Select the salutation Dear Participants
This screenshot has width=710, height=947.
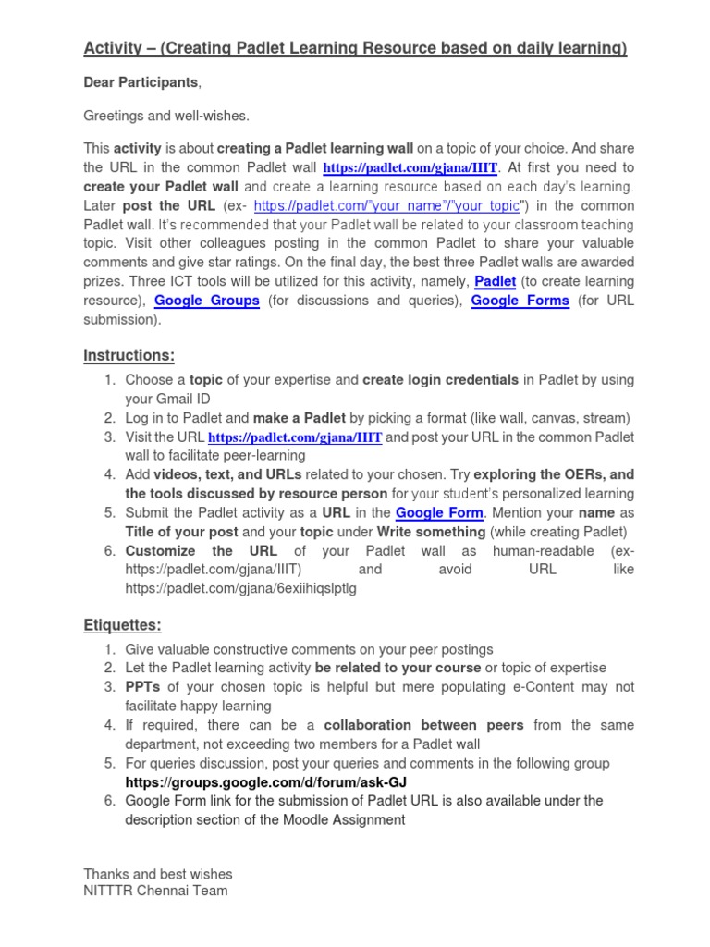[141, 82]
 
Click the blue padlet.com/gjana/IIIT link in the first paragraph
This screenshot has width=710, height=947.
[410, 168]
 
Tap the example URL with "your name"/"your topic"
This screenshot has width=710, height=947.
[386, 205]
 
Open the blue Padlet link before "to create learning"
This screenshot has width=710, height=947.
[495, 280]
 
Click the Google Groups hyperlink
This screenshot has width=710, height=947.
[207, 301]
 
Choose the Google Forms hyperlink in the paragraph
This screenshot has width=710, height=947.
[520, 301]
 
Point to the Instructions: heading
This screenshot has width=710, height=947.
[129, 356]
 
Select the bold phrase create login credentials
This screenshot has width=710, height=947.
[440, 380]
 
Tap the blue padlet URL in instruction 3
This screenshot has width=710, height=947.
[295, 437]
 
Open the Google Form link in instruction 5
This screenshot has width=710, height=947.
[439, 512]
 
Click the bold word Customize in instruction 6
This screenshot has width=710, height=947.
[160, 550]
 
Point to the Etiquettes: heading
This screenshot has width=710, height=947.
[122, 626]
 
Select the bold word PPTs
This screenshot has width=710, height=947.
[143, 687]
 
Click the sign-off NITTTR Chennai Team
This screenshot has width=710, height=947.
[155, 891]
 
